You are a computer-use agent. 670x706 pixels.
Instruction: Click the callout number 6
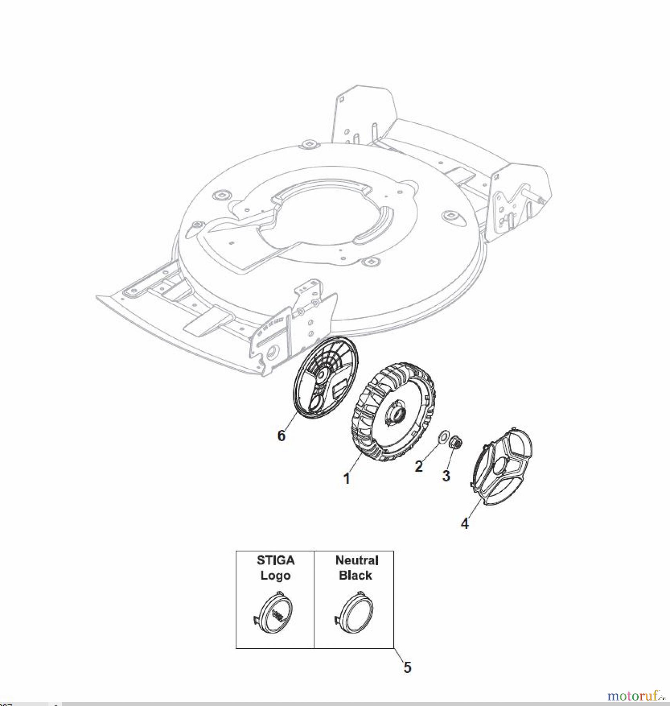point(281,435)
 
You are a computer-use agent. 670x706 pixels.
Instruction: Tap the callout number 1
point(347,479)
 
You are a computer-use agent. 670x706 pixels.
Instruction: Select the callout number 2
point(419,466)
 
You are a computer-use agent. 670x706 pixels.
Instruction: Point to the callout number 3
point(446,476)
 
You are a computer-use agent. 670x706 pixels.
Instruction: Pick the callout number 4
point(465,524)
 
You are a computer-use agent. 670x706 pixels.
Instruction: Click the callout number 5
point(407,668)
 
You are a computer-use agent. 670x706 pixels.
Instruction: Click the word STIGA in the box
point(276,560)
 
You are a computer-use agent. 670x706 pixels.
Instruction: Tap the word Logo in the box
point(276,575)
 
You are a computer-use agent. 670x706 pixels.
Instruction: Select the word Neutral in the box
point(357,560)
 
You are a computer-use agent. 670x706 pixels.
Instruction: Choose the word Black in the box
point(355,575)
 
